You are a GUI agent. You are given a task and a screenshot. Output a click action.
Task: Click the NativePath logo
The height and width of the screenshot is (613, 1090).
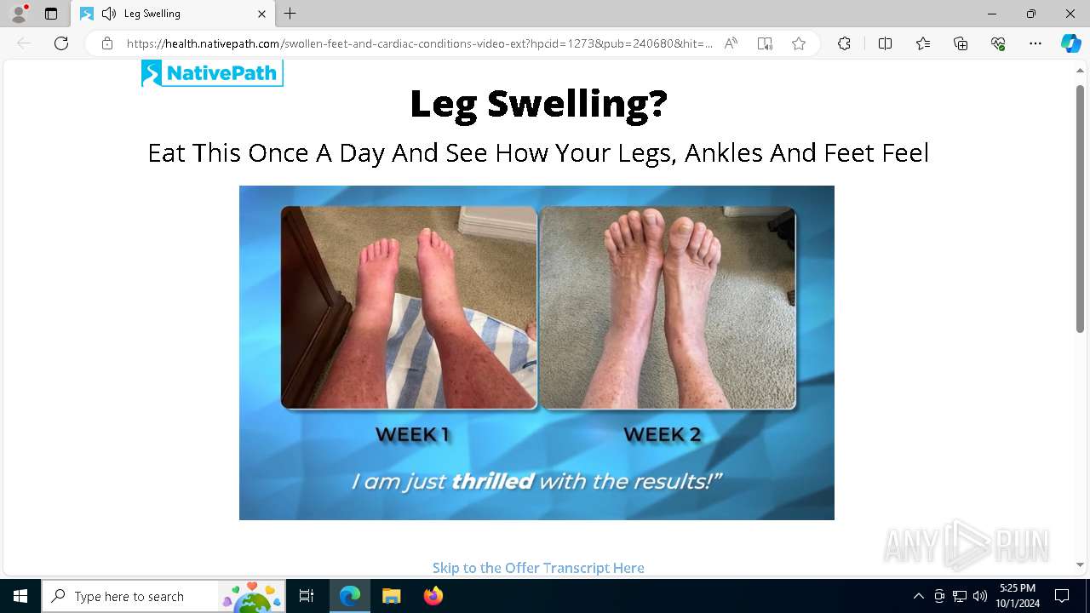(212, 73)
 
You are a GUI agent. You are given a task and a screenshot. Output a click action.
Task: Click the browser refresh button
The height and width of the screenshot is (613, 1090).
(61, 43)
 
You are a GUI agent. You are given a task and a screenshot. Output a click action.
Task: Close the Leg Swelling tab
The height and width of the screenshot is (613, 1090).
(261, 14)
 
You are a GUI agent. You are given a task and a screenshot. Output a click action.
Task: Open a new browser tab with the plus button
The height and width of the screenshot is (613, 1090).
(290, 14)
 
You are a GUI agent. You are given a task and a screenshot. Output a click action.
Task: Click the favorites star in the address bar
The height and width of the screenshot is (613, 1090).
(799, 43)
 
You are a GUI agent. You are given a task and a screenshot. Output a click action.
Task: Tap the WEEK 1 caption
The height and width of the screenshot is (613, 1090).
(413, 434)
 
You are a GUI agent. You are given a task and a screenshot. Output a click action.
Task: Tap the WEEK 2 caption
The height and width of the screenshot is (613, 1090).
(663, 434)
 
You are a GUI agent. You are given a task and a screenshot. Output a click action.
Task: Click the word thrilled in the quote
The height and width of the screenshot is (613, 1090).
(492, 481)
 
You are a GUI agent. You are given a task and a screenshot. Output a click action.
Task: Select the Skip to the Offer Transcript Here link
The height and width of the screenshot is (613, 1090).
(538, 568)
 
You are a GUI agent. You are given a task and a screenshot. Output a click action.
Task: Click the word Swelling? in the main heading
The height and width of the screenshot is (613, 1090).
(577, 104)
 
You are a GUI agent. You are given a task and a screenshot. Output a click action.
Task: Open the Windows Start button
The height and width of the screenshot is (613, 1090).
(20, 596)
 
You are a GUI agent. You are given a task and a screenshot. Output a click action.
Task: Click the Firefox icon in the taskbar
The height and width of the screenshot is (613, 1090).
(433, 596)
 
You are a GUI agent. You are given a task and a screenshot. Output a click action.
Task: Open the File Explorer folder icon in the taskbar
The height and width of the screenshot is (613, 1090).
(391, 596)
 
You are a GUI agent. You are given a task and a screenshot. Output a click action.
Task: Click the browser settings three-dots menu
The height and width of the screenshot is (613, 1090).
(1035, 43)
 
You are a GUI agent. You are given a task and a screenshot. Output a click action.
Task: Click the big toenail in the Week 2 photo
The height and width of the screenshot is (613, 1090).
(682, 226)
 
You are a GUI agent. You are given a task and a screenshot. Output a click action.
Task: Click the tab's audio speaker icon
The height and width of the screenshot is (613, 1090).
(108, 14)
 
